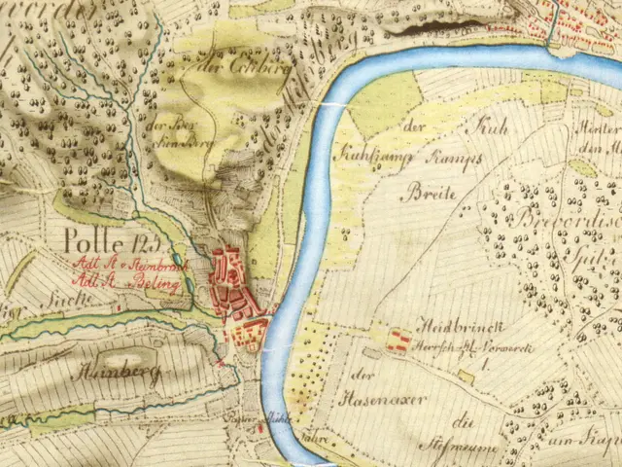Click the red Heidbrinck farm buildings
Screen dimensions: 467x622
pos(397,341)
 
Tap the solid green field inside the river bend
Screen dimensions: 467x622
pos(385,103)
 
